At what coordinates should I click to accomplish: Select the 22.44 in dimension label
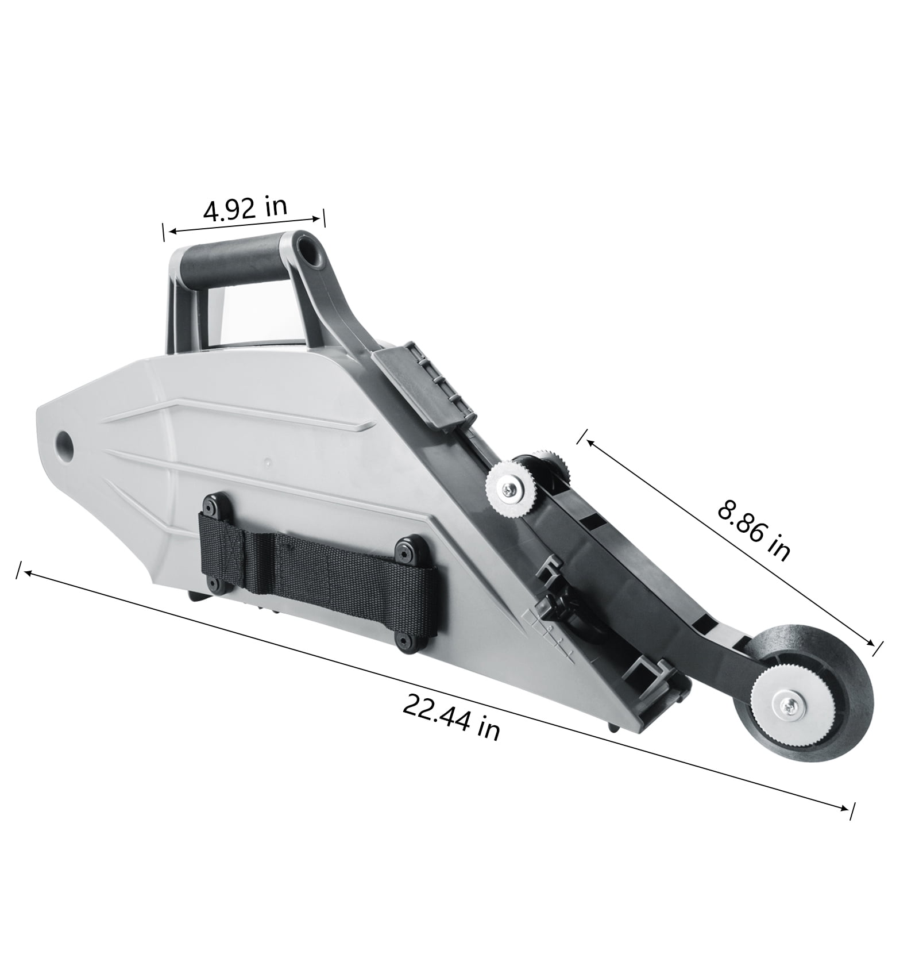click(450, 717)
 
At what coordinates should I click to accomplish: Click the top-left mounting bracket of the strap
click(215, 507)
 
